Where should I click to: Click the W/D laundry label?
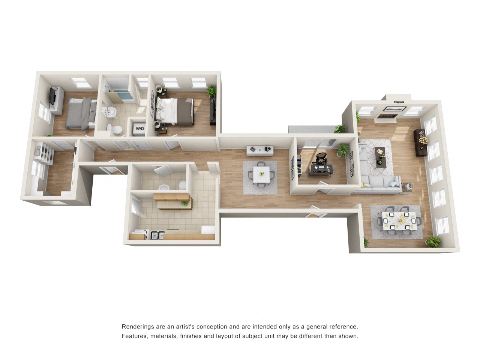click(139, 128)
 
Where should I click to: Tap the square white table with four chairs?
click(261, 174)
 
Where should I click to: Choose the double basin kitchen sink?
click(157, 235)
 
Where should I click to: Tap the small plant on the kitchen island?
click(184, 203)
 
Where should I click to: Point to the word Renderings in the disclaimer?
click(136, 327)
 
